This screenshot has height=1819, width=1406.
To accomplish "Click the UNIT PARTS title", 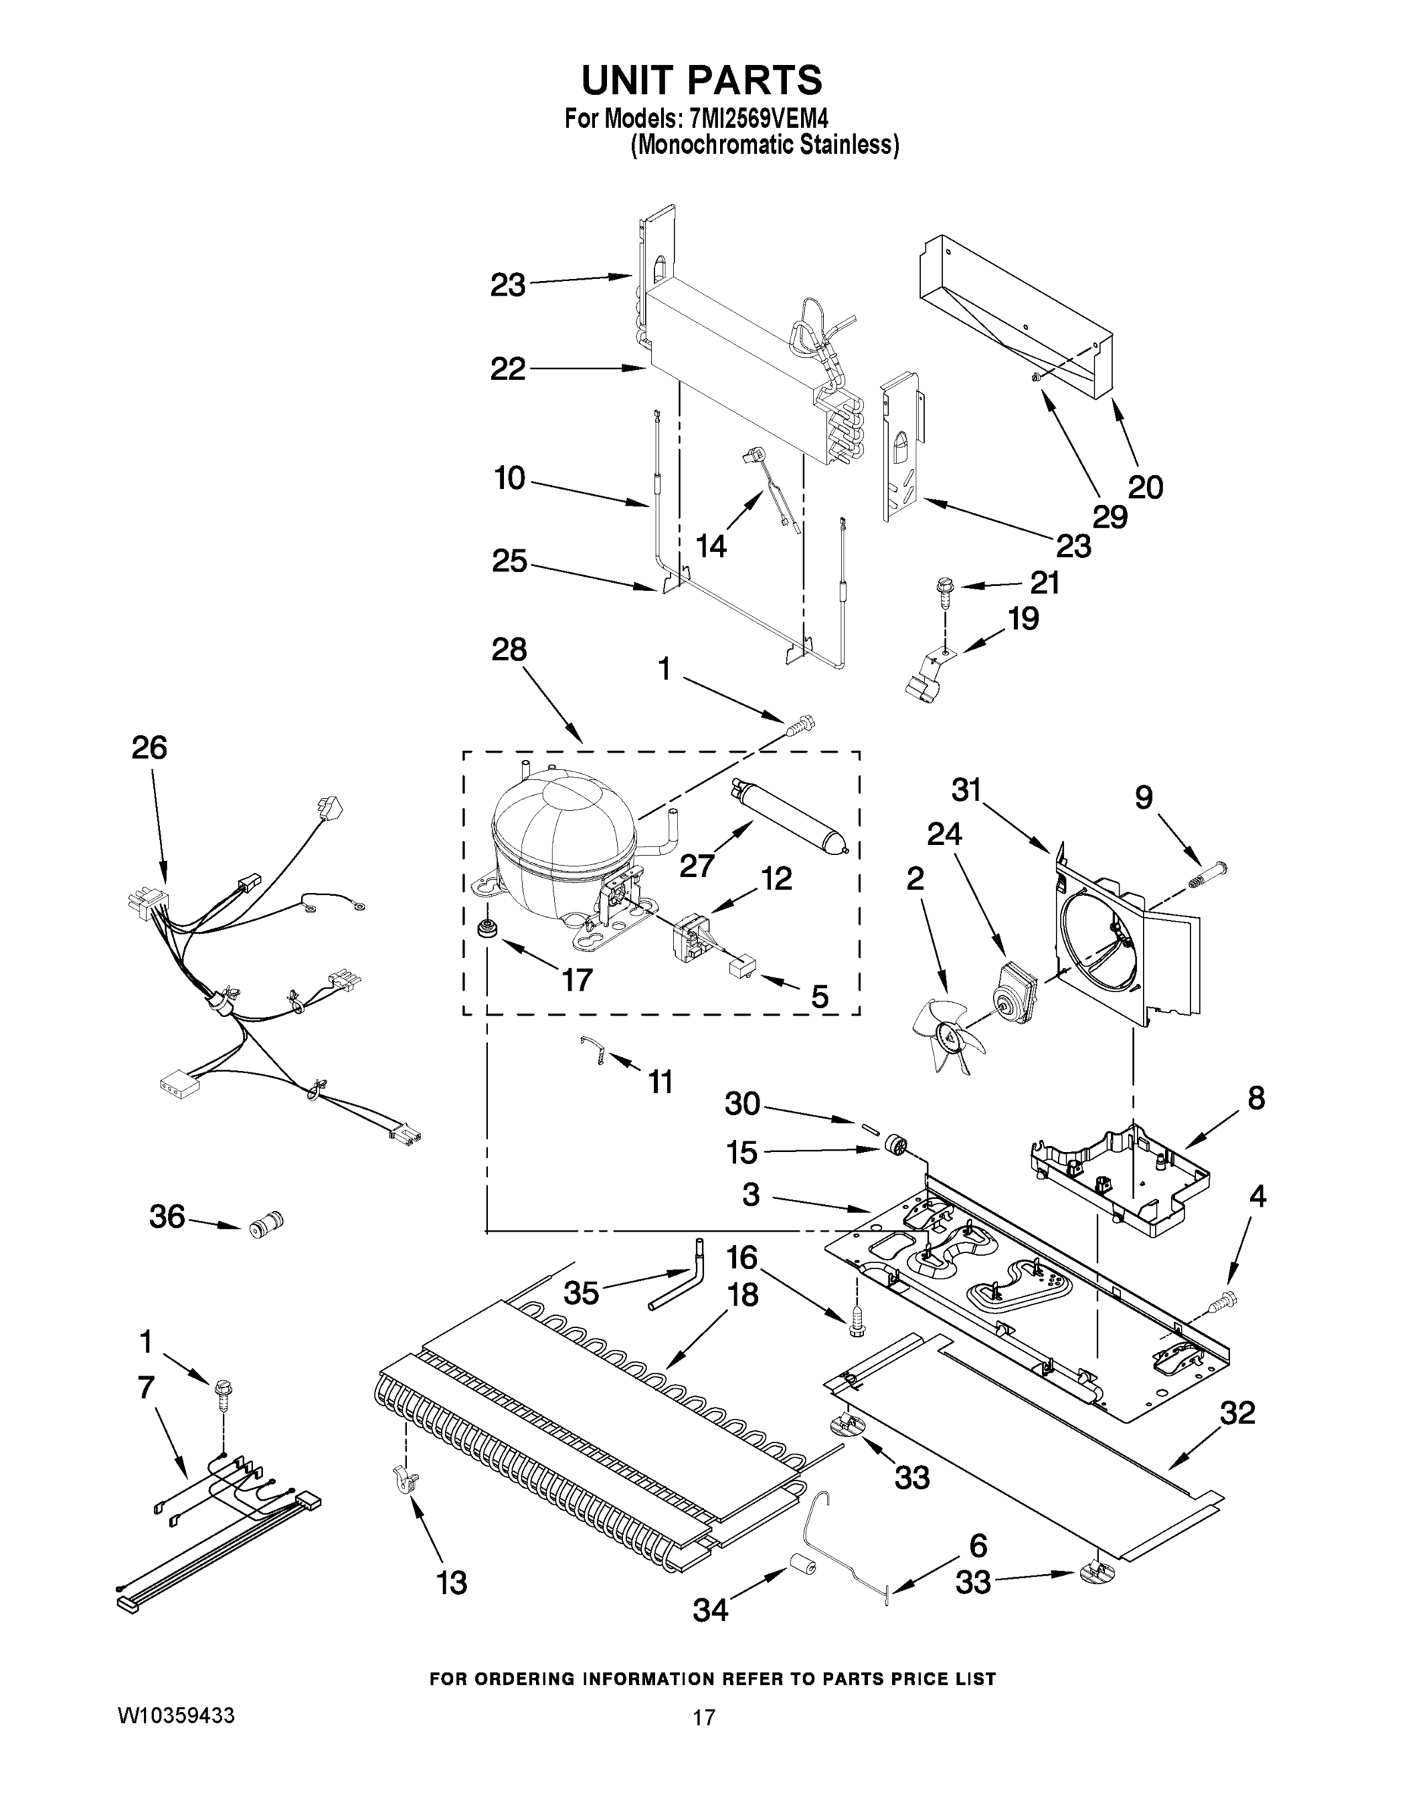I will [701, 81].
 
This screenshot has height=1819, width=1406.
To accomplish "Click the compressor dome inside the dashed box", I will [563, 833].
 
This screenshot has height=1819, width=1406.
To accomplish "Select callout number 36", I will [167, 1216].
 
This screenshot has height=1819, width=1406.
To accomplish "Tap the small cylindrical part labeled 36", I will [267, 1225].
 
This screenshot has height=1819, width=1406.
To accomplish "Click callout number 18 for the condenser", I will [741, 1295].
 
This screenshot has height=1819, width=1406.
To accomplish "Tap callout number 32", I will [1238, 1413].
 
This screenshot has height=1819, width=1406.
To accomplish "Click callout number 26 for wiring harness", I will [149, 748].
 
